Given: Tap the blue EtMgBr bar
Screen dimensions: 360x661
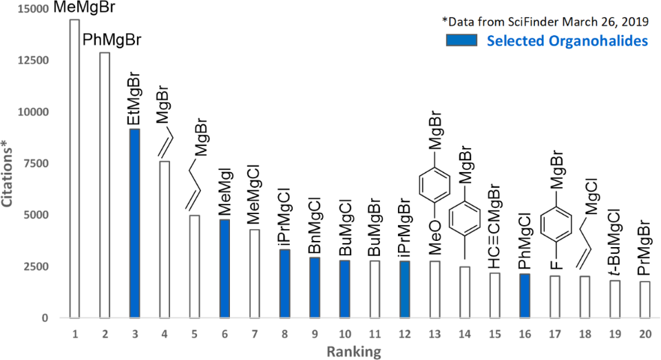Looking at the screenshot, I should click(x=134, y=224).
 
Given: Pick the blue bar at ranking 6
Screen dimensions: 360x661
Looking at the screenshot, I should click(x=224, y=268).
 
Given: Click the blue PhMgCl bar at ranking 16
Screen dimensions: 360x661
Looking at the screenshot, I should click(x=525, y=296).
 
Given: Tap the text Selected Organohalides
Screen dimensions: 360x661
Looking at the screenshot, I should click(x=567, y=41).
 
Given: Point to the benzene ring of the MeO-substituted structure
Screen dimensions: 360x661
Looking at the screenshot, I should click(x=434, y=184).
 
